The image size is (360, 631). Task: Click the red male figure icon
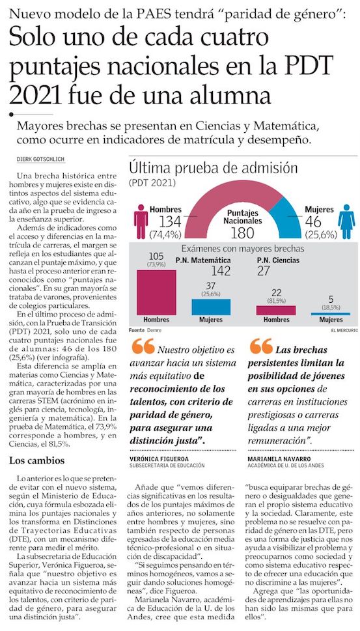point(141,221)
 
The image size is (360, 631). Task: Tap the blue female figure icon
point(346,221)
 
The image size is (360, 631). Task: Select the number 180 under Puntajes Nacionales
point(243,232)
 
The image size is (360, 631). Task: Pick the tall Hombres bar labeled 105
point(156,292)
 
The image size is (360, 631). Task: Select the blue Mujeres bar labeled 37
point(211,307)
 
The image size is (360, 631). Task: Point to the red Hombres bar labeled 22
point(276,310)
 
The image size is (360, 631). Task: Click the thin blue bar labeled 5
point(331,314)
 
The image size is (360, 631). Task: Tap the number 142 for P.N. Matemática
point(221,271)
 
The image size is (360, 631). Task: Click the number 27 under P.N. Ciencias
point(264,271)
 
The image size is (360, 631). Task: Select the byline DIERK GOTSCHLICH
point(40,160)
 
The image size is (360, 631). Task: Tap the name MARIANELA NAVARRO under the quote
point(273,459)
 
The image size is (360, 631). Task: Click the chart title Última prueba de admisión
point(213,168)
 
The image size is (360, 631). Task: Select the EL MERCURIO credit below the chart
point(344,330)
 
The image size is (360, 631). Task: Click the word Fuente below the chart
point(137,330)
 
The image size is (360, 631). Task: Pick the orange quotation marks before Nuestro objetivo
point(143,345)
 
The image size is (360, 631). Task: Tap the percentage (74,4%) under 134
point(165,234)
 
